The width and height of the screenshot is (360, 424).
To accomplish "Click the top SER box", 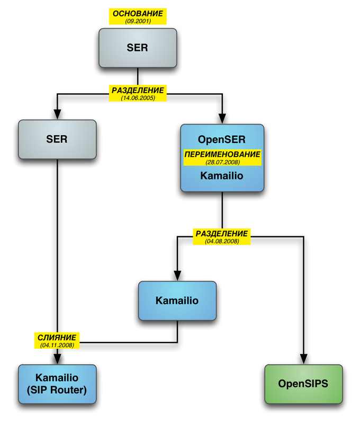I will point(138,48).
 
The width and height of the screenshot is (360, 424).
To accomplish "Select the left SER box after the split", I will point(57,139).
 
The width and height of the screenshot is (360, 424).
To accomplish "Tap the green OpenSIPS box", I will point(303,384).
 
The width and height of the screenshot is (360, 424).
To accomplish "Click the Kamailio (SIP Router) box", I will point(57,384).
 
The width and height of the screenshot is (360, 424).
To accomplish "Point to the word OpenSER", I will point(221,140).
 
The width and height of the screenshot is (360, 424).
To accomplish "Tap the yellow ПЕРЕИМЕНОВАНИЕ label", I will point(222,154).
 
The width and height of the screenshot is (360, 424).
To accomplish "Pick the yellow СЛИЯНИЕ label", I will point(57,337).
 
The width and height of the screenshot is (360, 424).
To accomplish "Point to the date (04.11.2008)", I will point(57,344).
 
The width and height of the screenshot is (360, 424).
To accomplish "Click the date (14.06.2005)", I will point(138,98).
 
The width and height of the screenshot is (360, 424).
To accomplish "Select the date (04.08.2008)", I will point(222,241).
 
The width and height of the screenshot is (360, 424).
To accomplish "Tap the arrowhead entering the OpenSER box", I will point(222,119).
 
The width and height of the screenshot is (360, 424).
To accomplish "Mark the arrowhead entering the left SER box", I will point(57,114).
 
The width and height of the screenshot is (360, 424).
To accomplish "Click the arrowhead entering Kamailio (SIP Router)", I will point(57,359).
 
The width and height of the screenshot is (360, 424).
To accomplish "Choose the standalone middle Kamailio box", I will point(177,301).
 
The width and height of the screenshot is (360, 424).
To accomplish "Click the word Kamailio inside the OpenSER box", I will point(222,175).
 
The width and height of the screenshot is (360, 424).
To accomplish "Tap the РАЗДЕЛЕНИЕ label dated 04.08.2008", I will point(222,233).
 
